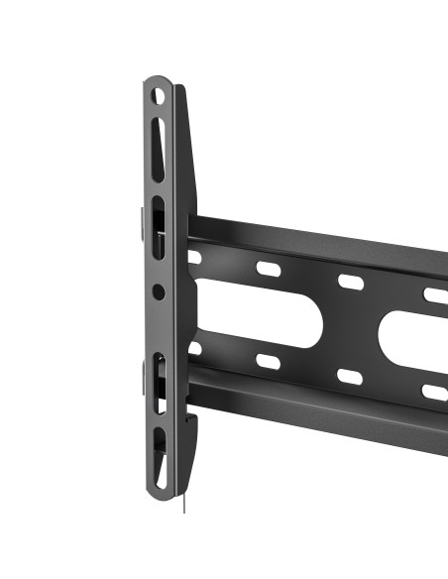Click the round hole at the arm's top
point(159,97)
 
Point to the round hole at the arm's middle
point(160,290)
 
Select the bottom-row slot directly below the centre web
point(351,377)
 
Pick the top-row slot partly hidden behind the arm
point(194,257)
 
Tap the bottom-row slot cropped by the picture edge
point(435,392)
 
